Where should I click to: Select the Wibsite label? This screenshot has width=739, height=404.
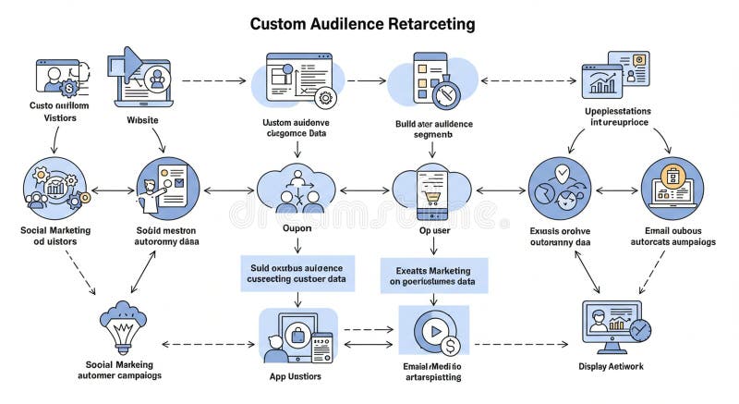tap(142, 120)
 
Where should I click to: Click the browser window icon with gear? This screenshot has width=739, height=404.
tap(297, 81)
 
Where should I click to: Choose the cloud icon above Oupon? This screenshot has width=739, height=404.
tap(297, 189)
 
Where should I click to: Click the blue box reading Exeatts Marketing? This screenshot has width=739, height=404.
tap(434, 275)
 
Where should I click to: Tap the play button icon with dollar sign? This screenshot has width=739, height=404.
tap(433, 334)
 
